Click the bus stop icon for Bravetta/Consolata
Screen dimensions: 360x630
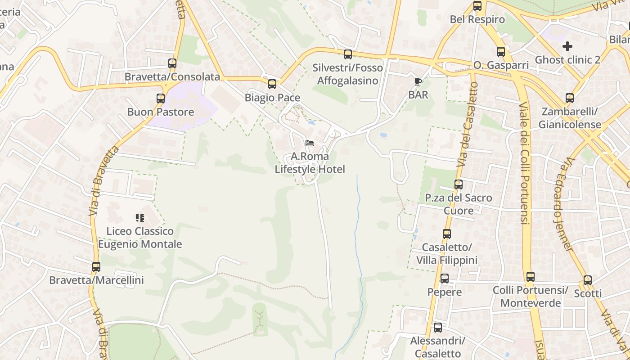(x=172, y=63)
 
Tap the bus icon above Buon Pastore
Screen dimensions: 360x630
(x=161, y=99)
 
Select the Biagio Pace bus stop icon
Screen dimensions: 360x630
(x=272, y=84)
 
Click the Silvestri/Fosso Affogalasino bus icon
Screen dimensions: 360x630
(x=348, y=54)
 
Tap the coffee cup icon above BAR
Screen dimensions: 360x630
(x=418, y=81)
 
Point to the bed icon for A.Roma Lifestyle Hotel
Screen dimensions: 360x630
(x=310, y=143)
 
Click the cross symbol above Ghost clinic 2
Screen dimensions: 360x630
(x=567, y=46)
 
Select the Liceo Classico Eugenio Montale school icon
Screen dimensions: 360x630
(x=140, y=218)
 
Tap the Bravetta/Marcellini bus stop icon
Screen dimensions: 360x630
(x=96, y=267)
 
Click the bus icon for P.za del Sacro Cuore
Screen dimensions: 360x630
(x=459, y=184)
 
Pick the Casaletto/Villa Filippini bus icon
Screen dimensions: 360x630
(x=447, y=234)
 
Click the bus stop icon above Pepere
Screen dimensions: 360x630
(x=445, y=279)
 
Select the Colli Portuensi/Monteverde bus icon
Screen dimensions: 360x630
(x=531, y=277)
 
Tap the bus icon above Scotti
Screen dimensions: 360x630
(x=588, y=280)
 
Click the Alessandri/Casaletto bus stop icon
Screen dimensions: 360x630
(x=438, y=328)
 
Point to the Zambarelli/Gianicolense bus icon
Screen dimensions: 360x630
(x=570, y=98)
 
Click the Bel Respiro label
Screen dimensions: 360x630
(x=477, y=20)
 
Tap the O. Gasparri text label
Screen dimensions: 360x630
(x=501, y=65)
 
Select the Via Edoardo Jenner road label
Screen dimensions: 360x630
(x=564, y=205)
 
